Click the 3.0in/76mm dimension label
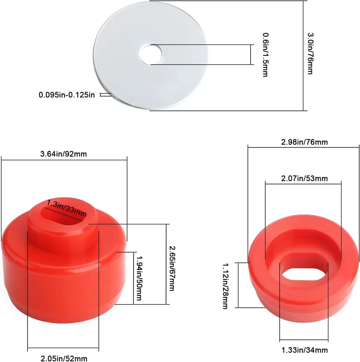coord(310,53)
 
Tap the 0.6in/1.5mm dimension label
coord(265,55)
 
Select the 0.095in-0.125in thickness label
coord(67,95)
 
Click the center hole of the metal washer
coord(151,54)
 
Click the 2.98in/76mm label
coord(304,142)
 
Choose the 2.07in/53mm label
coord(305,178)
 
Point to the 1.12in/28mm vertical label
coord(226,286)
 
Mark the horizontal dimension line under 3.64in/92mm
coord(64,160)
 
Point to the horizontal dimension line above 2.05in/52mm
coord(63,348)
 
